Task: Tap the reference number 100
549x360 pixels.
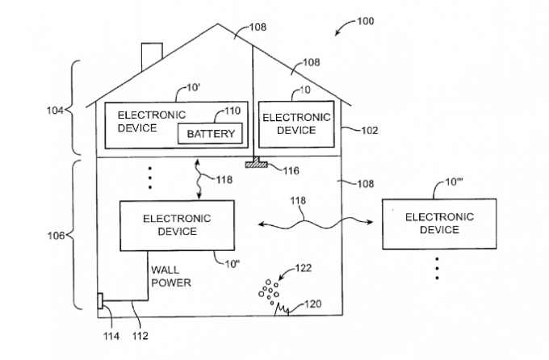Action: (x=365, y=21)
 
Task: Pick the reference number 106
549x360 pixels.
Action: (x=55, y=235)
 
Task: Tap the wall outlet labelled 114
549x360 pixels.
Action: (x=101, y=301)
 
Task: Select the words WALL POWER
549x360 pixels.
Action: (x=170, y=277)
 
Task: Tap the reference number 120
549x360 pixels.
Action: (x=313, y=305)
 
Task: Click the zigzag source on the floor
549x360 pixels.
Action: (x=283, y=307)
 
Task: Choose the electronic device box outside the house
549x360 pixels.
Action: (x=432, y=223)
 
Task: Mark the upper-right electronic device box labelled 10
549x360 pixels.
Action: (x=296, y=123)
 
